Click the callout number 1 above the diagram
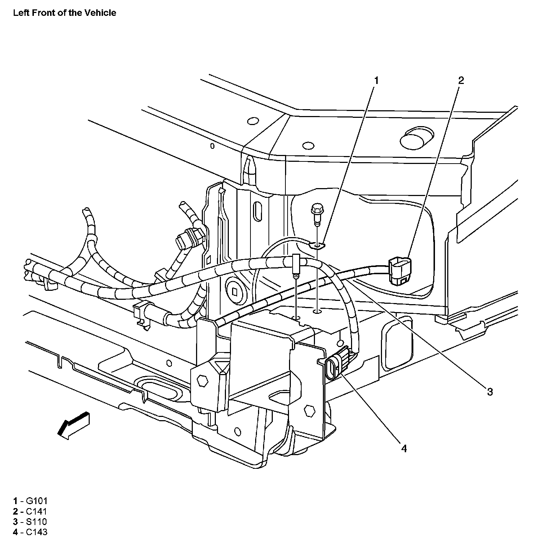coord(376,81)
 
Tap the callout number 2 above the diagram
coord(461,81)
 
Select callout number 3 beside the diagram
coord(490,391)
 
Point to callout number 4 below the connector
coord(404,448)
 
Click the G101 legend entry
coord(30,501)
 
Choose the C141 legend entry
coord(30,511)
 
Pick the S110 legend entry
coord(30,521)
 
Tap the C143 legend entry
coord(30,532)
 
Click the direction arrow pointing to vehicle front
coord(74,425)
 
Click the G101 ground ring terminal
coord(317,246)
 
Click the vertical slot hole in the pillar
coord(258,211)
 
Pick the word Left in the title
coord(20,13)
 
